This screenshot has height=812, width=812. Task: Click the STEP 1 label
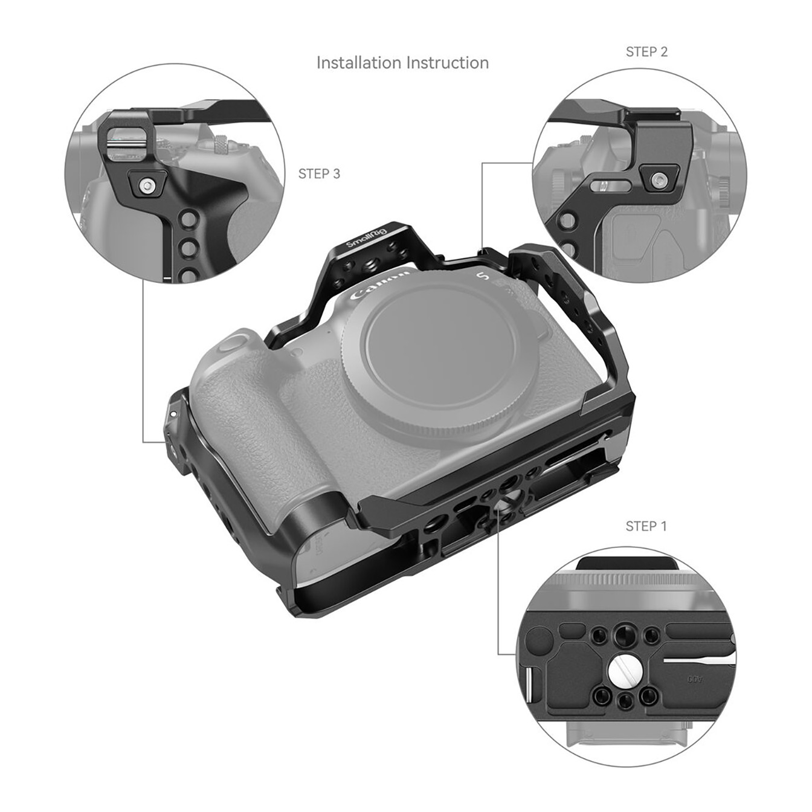[x=646, y=526]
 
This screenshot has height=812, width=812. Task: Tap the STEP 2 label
[x=646, y=52]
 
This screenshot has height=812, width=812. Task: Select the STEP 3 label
[x=319, y=173]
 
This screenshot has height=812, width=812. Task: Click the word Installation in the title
[x=359, y=63]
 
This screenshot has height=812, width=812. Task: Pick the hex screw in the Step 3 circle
[x=147, y=185]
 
